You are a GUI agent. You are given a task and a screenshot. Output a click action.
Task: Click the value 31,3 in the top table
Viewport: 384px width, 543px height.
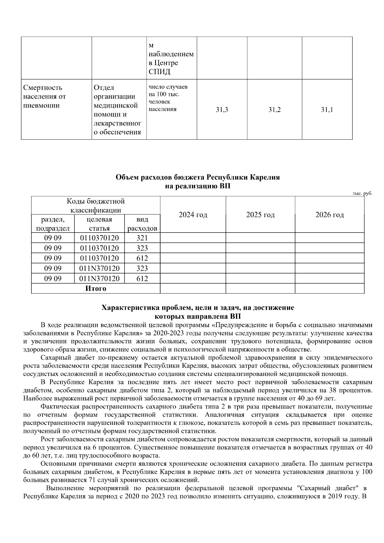(222, 110)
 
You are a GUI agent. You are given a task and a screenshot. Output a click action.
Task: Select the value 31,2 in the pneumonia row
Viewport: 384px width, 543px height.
(275, 110)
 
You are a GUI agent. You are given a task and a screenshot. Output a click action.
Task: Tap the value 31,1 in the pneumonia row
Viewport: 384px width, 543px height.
(327, 110)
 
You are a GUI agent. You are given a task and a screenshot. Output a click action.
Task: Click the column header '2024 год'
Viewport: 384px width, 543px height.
(193, 215)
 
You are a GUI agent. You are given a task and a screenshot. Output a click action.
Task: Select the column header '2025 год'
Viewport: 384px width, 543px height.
(260, 215)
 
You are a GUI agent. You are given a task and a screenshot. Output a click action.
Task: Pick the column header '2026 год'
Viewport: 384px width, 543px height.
(330, 215)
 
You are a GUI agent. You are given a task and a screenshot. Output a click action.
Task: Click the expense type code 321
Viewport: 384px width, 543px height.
(142, 238)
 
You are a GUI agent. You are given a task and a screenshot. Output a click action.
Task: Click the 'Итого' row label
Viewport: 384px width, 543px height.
(96, 289)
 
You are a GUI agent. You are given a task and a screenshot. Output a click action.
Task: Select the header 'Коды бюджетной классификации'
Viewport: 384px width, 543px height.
(96, 206)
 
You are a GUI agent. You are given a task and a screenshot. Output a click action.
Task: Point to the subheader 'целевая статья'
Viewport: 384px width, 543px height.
(99, 224)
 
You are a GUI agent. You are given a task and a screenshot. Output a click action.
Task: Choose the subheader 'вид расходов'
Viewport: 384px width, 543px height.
(142, 224)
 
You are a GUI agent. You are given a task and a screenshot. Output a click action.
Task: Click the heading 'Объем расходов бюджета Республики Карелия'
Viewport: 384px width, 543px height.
(198, 177)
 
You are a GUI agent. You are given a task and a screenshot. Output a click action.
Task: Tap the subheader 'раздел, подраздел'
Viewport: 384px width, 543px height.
(53, 224)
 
